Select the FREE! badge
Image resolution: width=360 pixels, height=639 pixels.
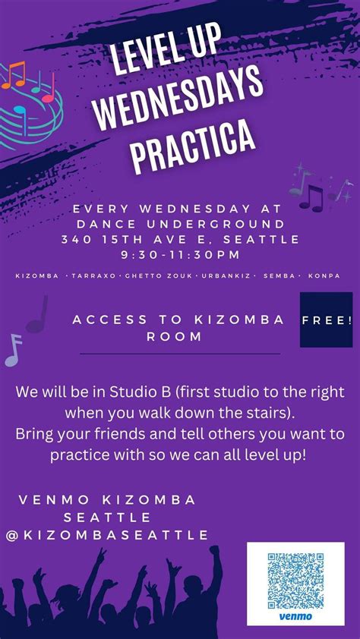click(327, 320)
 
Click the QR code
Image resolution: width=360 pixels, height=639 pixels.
click(295, 581)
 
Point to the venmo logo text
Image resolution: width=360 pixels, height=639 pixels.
click(296, 618)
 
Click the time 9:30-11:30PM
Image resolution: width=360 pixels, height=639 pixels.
click(180, 254)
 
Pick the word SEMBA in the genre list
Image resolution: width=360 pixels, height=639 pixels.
click(278, 275)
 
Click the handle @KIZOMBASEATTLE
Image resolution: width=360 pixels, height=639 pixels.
click(106, 534)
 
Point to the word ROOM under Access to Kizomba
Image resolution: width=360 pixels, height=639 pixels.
click(180, 336)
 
